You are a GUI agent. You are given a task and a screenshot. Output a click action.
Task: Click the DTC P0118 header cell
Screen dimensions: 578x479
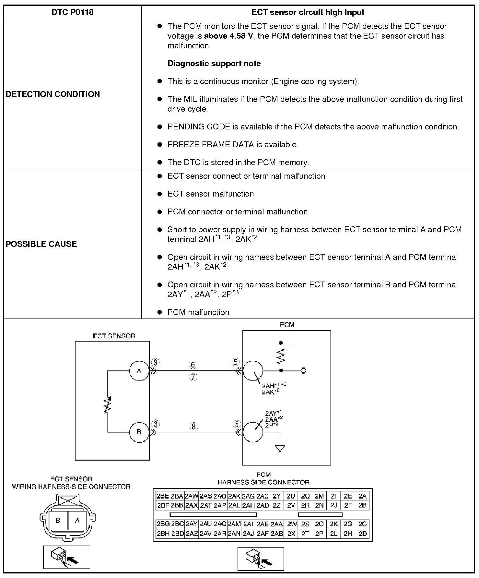click(72, 12)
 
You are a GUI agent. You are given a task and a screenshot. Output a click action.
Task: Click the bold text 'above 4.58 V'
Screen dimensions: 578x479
click(228, 36)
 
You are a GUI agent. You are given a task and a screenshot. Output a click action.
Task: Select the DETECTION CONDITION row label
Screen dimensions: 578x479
click(53, 94)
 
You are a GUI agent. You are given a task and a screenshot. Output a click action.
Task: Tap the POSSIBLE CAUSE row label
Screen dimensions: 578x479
click(41, 244)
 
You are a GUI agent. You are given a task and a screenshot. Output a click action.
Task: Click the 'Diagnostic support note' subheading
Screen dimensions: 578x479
click(214, 64)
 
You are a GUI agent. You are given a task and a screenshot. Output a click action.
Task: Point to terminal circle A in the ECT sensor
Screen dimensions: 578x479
click(139, 370)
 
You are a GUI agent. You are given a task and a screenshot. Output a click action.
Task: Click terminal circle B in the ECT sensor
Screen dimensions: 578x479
click(139, 432)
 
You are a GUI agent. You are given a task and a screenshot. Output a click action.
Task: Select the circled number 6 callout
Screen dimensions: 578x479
click(193, 365)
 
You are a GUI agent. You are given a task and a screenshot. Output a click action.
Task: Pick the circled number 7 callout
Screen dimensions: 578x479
click(193, 377)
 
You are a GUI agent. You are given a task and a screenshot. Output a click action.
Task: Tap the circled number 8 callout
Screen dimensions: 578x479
click(193, 426)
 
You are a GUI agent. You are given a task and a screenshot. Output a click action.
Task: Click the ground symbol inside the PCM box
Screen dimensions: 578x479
click(280, 448)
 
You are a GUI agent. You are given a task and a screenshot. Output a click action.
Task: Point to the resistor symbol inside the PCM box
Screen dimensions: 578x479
click(281, 356)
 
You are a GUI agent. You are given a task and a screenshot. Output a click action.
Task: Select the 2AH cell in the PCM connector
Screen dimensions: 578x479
click(248, 505)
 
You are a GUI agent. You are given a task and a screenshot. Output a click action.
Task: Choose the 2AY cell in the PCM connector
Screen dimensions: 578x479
click(192, 524)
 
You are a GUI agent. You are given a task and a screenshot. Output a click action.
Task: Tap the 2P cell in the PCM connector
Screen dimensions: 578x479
click(319, 534)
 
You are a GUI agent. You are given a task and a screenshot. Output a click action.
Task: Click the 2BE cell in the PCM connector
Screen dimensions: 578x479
click(163, 496)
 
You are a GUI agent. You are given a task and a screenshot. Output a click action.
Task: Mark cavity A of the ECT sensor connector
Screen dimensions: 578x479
click(77, 521)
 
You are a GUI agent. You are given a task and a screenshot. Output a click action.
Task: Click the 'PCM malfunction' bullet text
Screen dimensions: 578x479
click(198, 312)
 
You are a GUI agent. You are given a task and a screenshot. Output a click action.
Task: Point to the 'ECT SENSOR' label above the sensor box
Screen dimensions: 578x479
click(114, 336)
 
